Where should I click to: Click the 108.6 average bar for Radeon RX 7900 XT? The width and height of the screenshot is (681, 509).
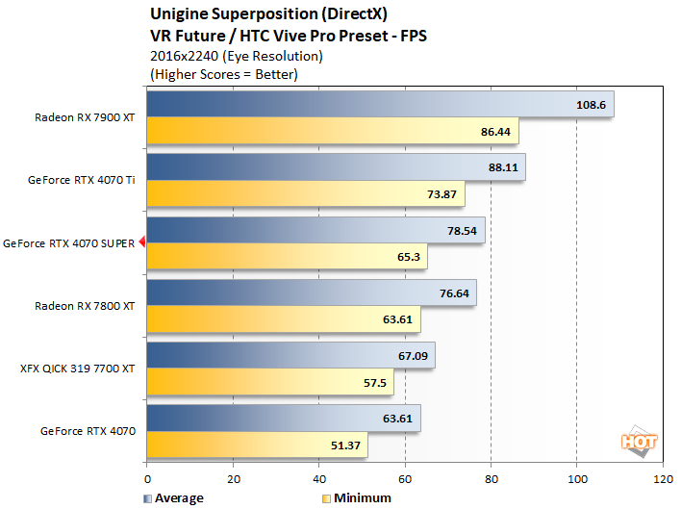point(380,104)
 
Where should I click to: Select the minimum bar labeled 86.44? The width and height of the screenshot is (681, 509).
point(332,130)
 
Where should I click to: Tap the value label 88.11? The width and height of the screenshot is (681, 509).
point(502,166)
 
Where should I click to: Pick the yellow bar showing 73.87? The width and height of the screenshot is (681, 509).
point(305,193)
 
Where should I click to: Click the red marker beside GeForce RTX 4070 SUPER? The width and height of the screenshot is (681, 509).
point(142,242)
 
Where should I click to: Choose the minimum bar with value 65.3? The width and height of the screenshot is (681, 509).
point(287,256)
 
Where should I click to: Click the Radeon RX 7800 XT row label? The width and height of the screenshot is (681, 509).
point(86,305)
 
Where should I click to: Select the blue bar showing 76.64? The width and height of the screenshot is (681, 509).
point(311,293)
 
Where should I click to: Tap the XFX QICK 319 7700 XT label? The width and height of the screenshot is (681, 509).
point(78,368)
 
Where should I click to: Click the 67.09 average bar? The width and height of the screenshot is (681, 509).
point(290,355)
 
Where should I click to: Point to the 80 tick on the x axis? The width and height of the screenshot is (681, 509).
point(491,477)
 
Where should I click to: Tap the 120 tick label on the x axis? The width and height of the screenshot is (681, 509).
point(662,477)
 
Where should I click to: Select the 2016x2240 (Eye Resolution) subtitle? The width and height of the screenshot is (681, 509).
point(237,57)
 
